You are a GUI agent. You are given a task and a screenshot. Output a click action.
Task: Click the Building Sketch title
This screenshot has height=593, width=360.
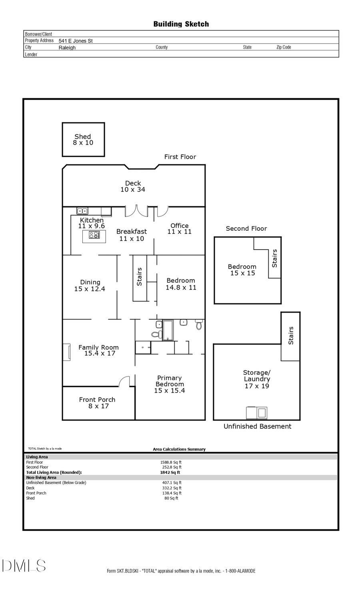(x=181, y=24)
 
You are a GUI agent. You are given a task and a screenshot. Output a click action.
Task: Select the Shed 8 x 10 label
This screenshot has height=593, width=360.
(x=83, y=140)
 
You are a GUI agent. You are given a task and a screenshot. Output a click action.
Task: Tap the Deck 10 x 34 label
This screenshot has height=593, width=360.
(x=133, y=186)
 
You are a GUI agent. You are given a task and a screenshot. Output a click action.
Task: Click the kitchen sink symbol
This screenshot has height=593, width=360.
(x=82, y=211)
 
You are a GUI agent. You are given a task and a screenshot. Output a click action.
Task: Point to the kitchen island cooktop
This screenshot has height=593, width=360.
(x=94, y=235)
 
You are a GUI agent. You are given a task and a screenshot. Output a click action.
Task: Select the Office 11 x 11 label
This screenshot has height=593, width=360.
(x=179, y=229)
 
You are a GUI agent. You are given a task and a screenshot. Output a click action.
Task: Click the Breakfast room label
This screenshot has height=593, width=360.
(x=132, y=235)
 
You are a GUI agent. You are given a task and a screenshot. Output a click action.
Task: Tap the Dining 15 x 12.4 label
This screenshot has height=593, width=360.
(x=90, y=286)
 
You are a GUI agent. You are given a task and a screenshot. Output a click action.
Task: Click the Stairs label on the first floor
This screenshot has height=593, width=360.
(x=139, y=277)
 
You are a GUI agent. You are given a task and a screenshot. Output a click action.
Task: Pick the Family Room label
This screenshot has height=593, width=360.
(x=99, y=350)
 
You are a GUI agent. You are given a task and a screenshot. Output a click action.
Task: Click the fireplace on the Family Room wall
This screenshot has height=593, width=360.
(x=66, y=352)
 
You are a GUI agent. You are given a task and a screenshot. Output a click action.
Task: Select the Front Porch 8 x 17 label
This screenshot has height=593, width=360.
(x=98, y=403)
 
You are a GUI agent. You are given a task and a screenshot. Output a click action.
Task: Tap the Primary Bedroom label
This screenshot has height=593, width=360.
(x=170, y=384)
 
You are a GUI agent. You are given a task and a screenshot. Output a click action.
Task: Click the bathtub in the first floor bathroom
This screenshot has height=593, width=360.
(x=168, y=330)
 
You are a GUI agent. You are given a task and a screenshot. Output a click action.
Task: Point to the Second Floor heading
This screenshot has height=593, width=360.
(x=246, y=228)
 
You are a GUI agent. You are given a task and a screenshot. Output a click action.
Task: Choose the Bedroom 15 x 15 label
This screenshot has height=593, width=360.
(x=242, y=270)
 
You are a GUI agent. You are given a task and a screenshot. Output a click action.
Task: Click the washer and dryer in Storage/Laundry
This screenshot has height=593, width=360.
(x=256, y=412)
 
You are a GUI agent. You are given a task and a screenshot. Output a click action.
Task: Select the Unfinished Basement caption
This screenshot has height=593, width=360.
(x=257, y=426)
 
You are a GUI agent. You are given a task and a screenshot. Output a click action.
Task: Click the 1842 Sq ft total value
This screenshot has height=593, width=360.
(x=170, y=472)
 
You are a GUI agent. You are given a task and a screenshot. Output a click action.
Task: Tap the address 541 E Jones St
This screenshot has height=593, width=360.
(x=76, y=41)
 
